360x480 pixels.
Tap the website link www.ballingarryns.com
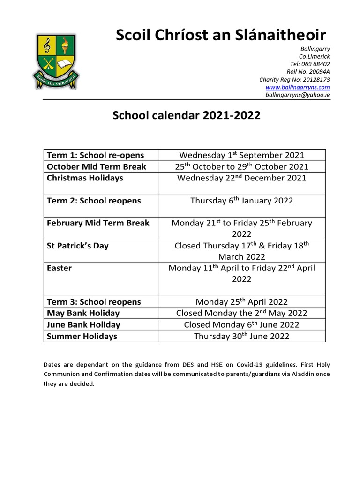tap(298, 87)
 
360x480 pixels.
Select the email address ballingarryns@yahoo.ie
tap(298, 95)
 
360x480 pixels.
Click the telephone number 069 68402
tap(310, 64)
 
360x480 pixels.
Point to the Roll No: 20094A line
tap(308, 72)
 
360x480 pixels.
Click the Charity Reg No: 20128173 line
tap(294, 80)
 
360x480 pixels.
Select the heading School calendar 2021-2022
tap(187, 116)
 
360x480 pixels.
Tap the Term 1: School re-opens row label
tap(96, 155)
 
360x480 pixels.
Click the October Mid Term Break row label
tap(97, 166)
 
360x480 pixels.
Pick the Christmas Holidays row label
tap(85, 178)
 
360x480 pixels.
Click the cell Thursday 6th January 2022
tap(241, 201)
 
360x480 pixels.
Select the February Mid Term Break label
tap(98, 223)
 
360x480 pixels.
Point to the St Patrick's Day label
tap(78, 246)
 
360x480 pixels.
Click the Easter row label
tap(60, 268)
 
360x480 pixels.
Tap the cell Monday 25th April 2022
tap(241, 302)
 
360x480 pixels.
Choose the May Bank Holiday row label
tap(83, 313)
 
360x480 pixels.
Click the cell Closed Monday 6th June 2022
tap(241, 325)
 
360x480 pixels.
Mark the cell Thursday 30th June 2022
tap(241, 336)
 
